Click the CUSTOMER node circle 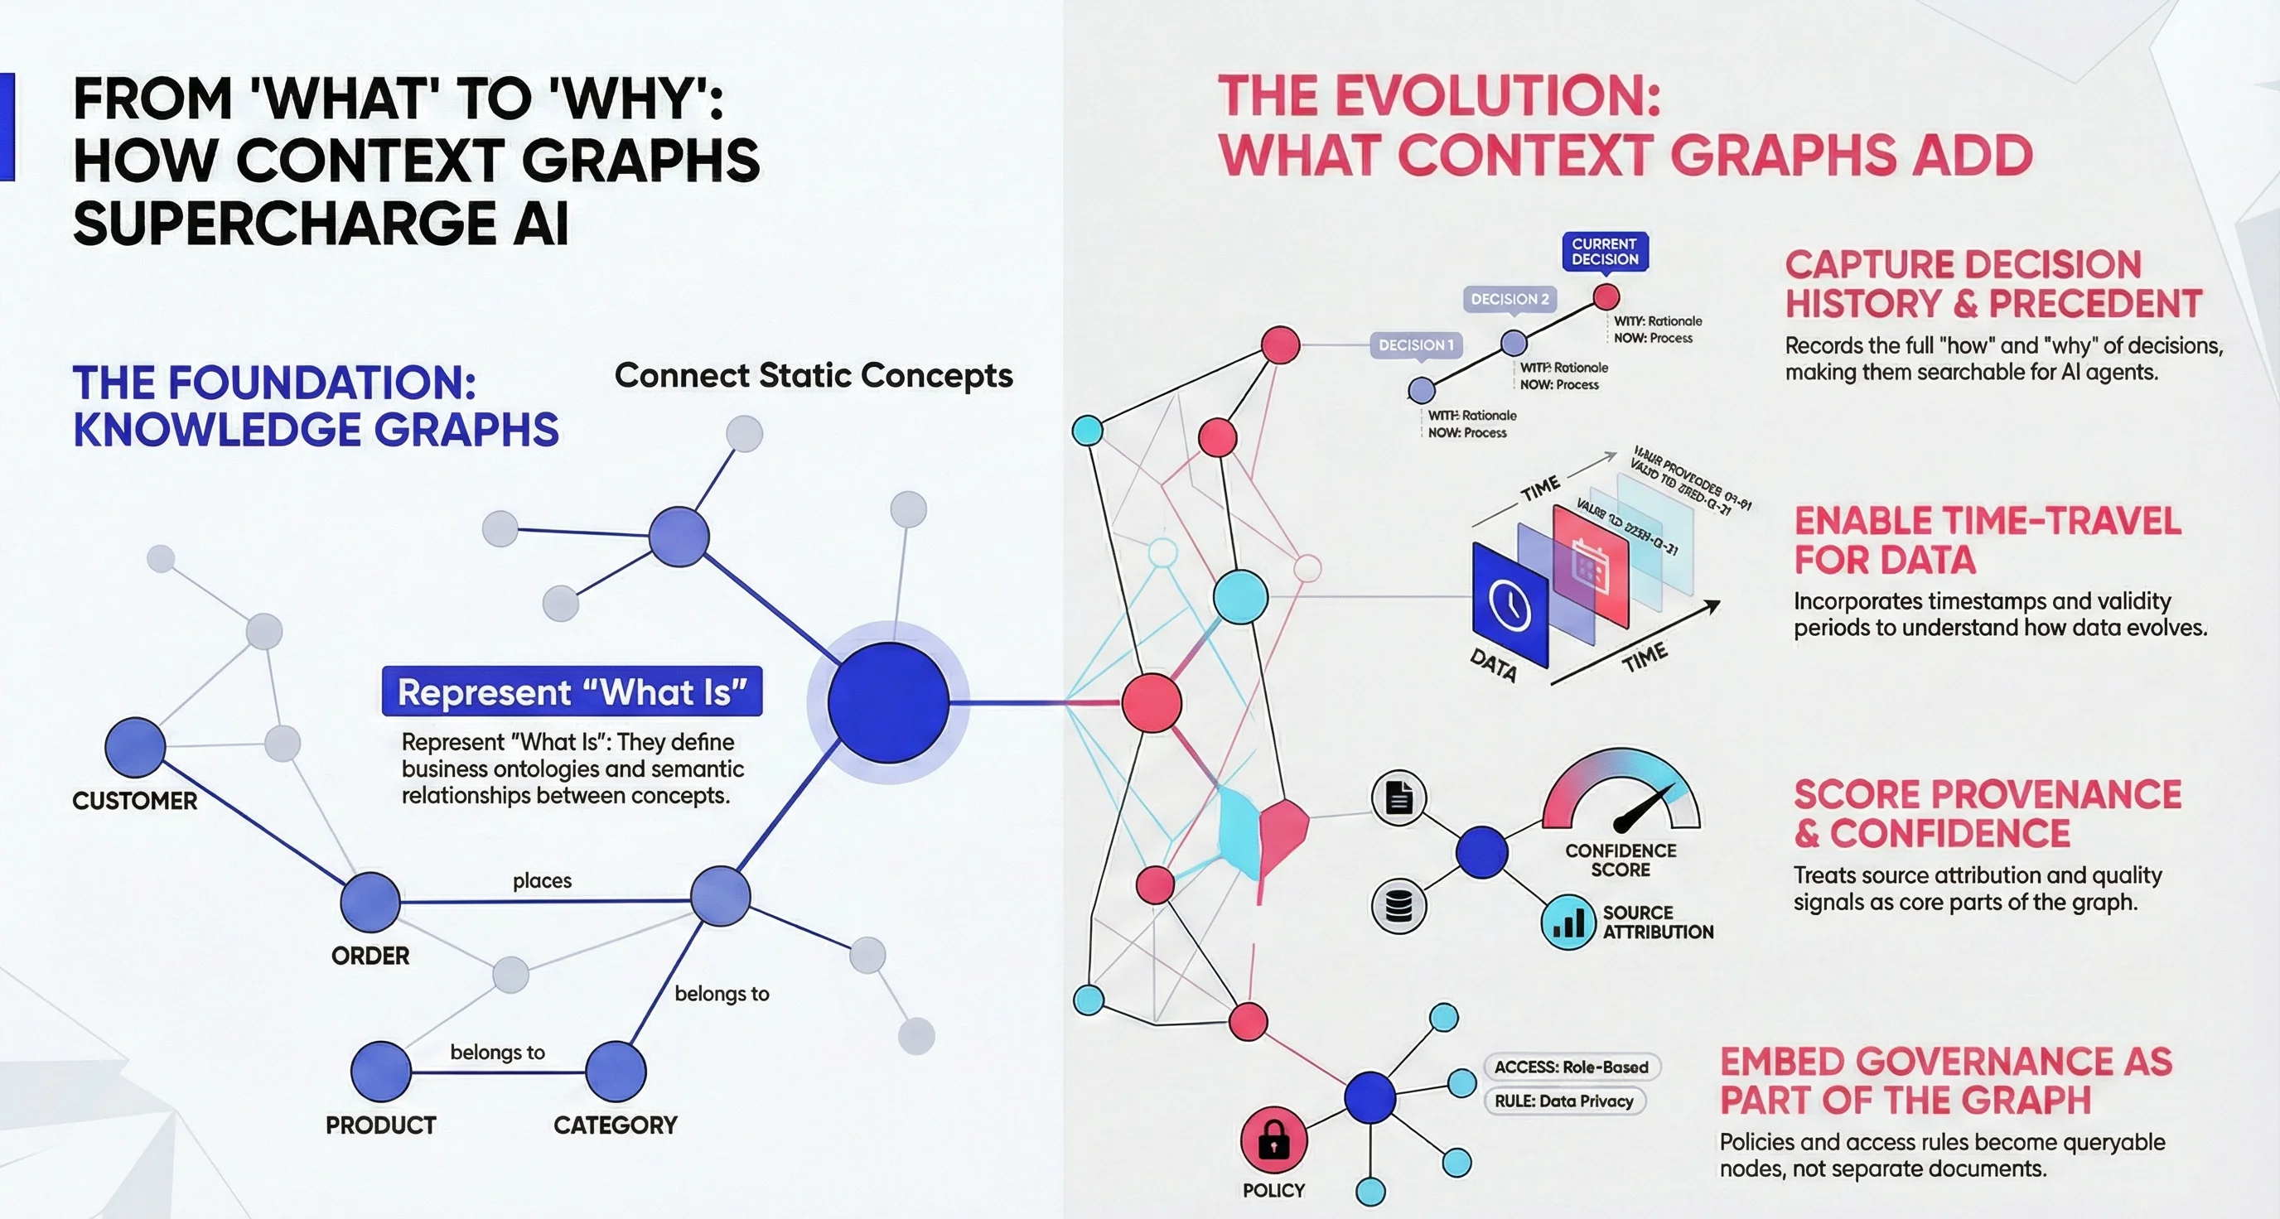point(134,748)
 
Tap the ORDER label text point(370,956)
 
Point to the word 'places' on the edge point(542,881)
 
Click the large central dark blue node point(888,703)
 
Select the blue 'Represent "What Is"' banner point(572,691)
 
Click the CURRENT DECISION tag point(1605,252)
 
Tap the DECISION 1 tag point(1416,345)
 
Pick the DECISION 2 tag point(1509,299)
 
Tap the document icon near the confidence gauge point(1398,798)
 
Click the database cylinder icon point(1398,907)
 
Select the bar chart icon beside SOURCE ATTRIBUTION point(1568,923)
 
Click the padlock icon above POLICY point(1273,1140)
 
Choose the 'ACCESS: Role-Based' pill point(1571,1067)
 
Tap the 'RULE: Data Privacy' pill point(1564,1101)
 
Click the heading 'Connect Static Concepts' point(814,376)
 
